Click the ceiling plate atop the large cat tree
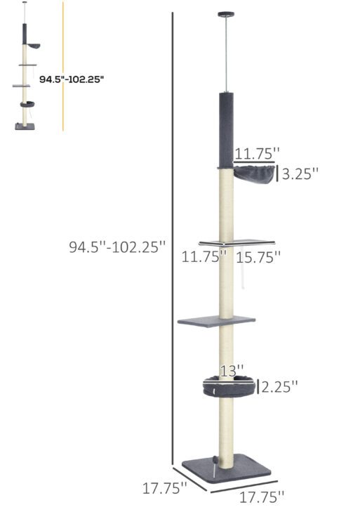(227, 13)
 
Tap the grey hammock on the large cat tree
(253, 173)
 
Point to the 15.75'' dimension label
(258, 258)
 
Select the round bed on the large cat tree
(229, 386)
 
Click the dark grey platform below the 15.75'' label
(216, 321)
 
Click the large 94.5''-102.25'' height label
(118, 247)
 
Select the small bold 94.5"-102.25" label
(72, 79)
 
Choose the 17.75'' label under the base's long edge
(261, 497)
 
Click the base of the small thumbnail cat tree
(25, 127)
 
